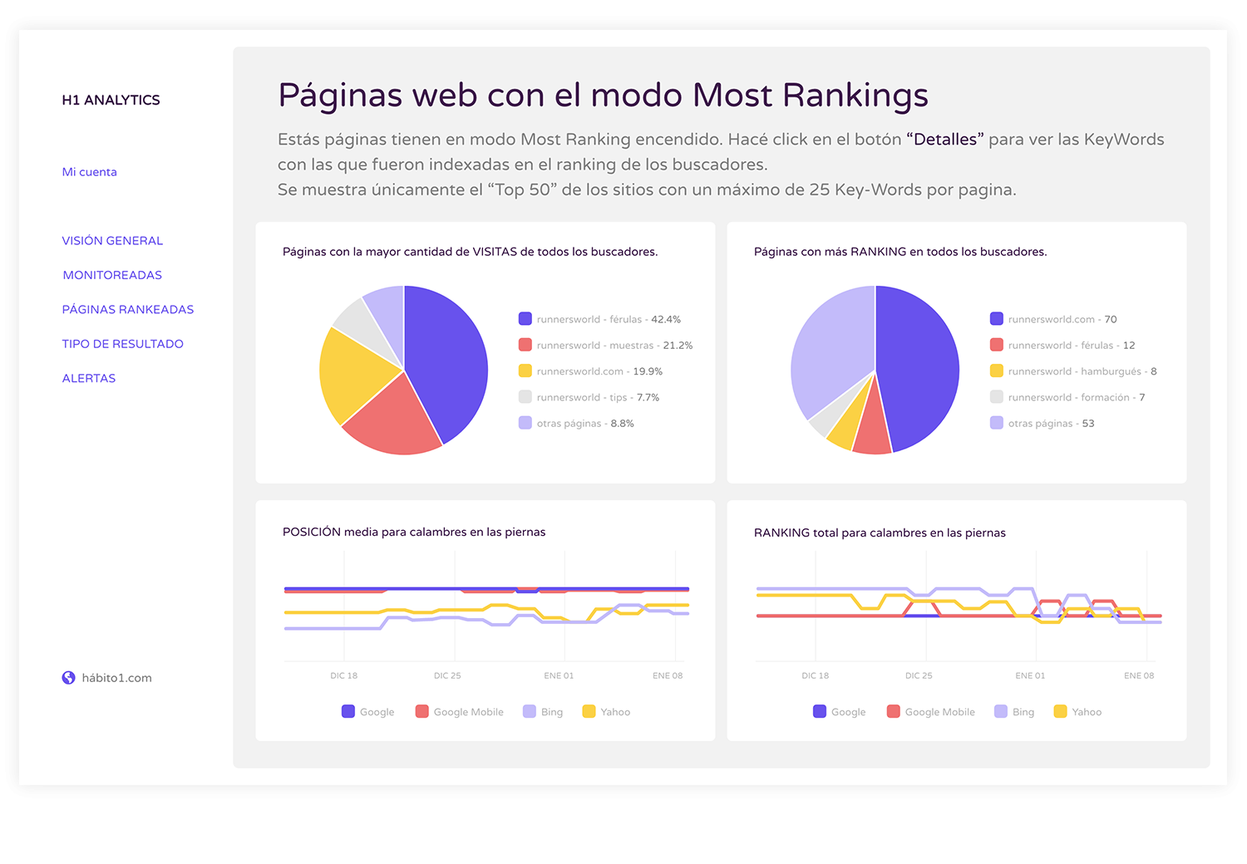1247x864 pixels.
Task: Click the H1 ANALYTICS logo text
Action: click(x=111, y=100)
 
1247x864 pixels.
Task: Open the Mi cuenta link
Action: click(x=89, y=172)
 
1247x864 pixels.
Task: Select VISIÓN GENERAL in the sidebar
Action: click(x=112, y=241)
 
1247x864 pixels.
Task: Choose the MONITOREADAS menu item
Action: click(x=112, y=275)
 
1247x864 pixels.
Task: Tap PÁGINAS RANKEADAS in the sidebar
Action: click(x=127, y=309)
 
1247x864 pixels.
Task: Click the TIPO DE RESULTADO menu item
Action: click(x=122, y=344)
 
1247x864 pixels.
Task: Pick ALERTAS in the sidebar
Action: click(x=89, y=378)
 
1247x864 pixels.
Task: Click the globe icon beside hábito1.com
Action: click(x=69, y=678)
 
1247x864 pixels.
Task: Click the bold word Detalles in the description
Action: click(x=945, y=140)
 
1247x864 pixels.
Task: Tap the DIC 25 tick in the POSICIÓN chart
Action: click(x=447, y=675)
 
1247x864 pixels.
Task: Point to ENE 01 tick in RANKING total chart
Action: click(x=1030, y=675)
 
